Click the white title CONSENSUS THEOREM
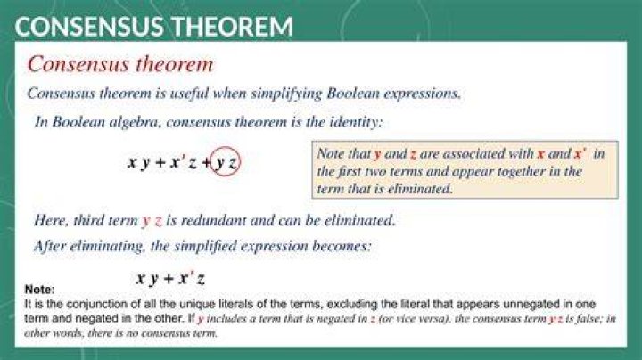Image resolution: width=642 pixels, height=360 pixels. pos(154,27)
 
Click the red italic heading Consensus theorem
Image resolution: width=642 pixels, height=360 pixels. pos(120,64)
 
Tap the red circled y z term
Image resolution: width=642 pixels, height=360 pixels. pos(225,161)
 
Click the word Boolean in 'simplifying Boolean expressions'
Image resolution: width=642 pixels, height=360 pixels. pos(353,94)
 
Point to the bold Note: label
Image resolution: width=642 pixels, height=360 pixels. pos(40,290)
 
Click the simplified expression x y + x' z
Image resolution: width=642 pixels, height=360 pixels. pos(170,279)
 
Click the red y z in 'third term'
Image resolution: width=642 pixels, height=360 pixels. pos(152,221)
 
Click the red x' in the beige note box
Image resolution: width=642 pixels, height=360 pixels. pos(580,153)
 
